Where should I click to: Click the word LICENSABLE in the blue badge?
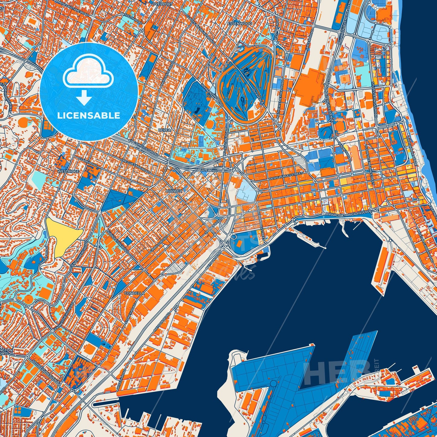point(89,116)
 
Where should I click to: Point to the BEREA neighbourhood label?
point(165,130)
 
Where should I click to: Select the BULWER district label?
point(174,191)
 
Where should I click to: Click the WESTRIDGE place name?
point(68,171)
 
